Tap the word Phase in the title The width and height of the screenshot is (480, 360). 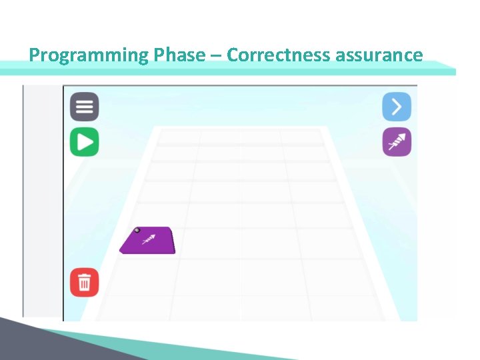pyautogui.click(x=179, y=55)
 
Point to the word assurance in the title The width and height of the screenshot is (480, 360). pyautogui.click(x=379, y=55)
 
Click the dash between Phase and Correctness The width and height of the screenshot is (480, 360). pyautogui.click(x=216, y=55)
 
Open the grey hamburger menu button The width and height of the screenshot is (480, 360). pyautogui.click(x=85, y=107)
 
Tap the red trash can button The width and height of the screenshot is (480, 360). pyautogui.click(x=85, y=283)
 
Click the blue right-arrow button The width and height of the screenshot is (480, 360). pyautogui.click(x=397, y=107)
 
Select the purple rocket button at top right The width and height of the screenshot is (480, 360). pyautogui.click(x=397, y=142)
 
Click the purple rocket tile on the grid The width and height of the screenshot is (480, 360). pyautogui.click(x=148, y=241)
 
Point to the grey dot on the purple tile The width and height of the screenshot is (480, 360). pyautogui.click(x=137, y=231)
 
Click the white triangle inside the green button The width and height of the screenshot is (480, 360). pyautogui.click(x=85, y=142)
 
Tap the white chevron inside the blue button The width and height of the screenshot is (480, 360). pyautogui.click(x=397, y=107)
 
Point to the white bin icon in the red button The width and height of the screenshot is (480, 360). pyautogui.click(x=85, y=283)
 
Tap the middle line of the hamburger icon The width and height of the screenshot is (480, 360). pyautogui.click(x=85, y=107)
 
